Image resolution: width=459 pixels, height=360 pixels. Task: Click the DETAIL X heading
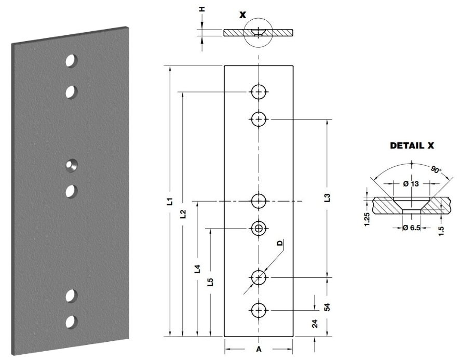point(412,146)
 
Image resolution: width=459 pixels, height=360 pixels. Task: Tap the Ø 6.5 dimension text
point(411,228)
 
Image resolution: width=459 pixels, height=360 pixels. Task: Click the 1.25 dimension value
point(367,219)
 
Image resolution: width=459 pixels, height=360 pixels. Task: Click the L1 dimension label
point(169,201)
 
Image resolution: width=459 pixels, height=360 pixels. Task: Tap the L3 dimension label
point(327,198)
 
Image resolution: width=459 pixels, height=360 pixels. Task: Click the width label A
point(258,348)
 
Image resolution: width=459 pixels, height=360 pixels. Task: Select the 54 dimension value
point(327,307)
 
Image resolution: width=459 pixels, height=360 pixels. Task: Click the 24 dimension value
point(315,325)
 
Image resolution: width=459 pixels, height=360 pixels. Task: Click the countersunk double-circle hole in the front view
point(259,228)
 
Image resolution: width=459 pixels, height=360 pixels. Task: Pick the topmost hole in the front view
point(259,92)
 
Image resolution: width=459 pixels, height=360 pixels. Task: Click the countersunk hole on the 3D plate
point(71,166)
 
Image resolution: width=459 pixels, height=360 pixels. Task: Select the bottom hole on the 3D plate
point(71,322)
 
